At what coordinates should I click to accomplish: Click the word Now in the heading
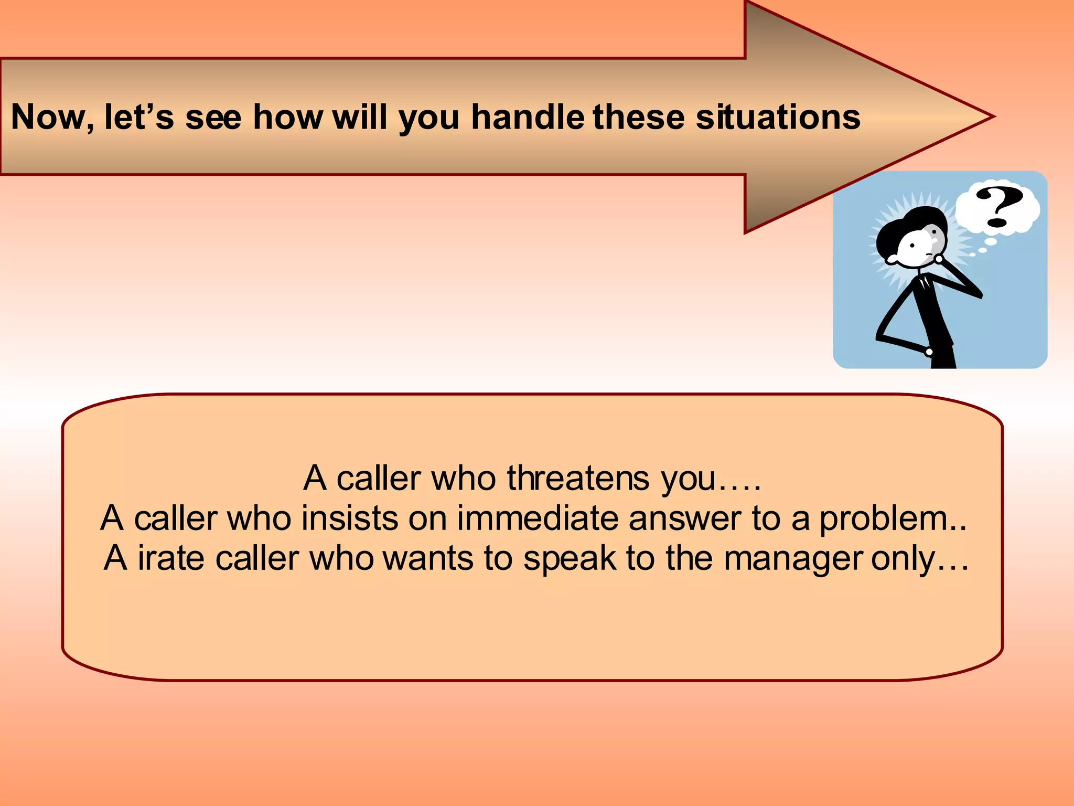tap(47, 117)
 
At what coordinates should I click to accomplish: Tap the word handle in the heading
tap(528, 117)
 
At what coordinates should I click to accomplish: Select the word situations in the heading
tap(778, 117)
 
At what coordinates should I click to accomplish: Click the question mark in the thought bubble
tap(999, 207)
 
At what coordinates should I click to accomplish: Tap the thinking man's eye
tap(913, 246)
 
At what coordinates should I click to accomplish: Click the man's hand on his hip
tap(929, 351)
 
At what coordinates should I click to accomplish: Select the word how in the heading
tap(288, 117)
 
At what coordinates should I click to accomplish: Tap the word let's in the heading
tap(139, 117)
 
